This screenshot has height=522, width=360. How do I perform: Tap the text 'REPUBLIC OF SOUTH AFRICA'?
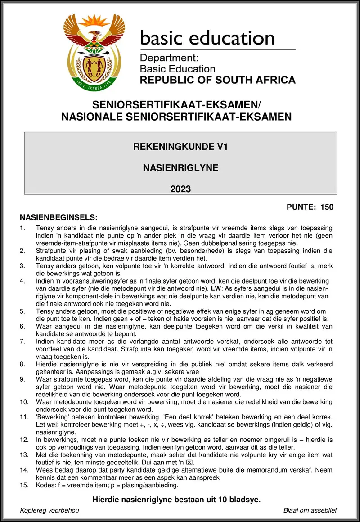tap(218, 81)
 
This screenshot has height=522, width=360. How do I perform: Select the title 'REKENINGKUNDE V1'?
tap(180, 146)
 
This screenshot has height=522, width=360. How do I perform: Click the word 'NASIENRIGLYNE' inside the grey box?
tap(180, 168)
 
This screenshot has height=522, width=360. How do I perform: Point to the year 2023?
tap(180, 189)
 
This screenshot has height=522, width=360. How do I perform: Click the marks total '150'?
tap(327, 207)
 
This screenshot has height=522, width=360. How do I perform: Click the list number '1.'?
tap(23, 228)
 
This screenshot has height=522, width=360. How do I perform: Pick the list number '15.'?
tap(24, 485)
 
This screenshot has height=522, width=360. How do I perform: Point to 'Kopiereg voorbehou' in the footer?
tap(49, 510)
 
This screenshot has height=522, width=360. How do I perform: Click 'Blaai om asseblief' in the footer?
tap(310, 510)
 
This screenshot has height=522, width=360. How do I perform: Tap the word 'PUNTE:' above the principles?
tap(301, 207)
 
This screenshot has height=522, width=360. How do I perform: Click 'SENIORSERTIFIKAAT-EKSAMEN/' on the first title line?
tap(176, 105)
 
